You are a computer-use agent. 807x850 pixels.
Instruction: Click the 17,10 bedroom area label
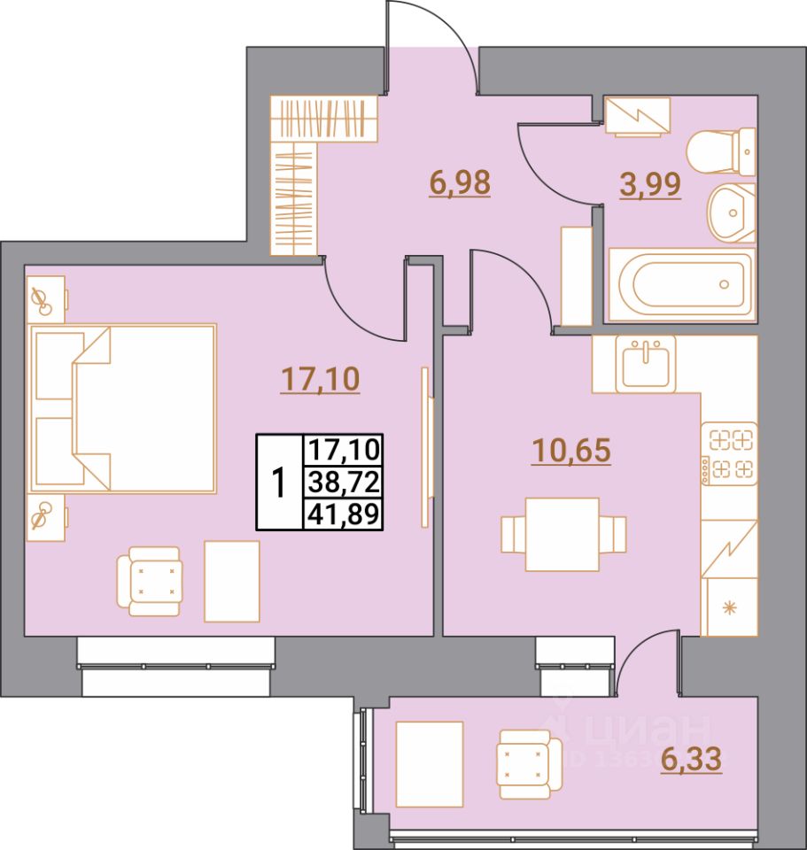point(320,380)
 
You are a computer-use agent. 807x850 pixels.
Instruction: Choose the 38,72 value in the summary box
point(343,482)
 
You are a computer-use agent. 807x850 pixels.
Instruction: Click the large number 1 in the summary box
point(279,483)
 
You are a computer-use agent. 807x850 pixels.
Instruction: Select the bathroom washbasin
point(732,213)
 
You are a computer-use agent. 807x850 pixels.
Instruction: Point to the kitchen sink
point(648,363)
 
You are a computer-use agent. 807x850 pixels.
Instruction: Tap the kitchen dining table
point(562,534)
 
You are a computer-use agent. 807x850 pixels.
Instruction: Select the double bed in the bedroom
point(124,408)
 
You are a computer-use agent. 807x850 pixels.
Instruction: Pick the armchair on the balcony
point(529,761)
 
